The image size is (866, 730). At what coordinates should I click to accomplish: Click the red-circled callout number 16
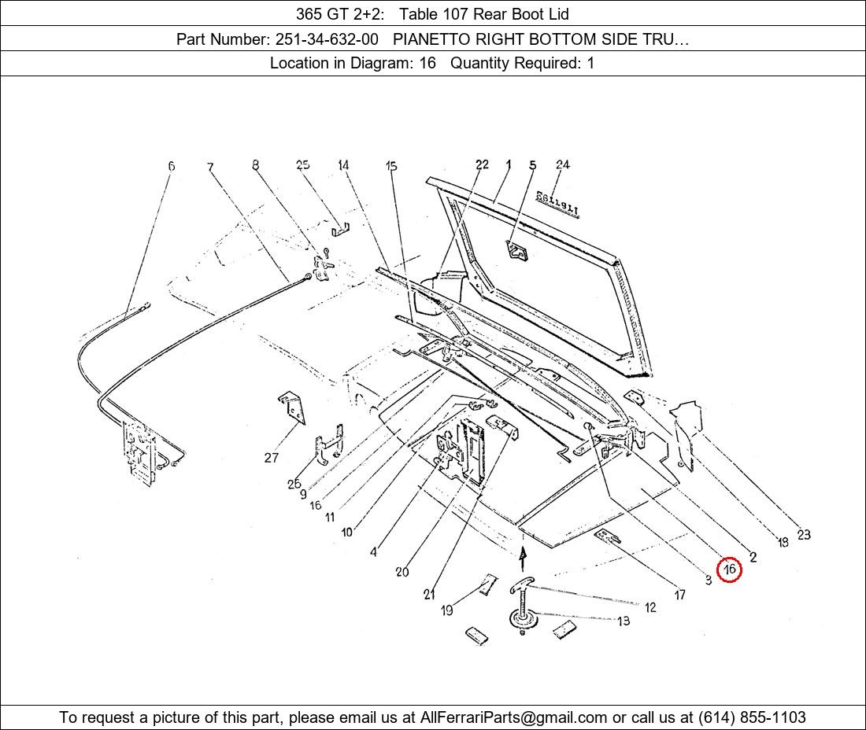point(730,569)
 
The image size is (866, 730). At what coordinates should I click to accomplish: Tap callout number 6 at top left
point(171,166)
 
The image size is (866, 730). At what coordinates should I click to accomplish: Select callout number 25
point(303,164)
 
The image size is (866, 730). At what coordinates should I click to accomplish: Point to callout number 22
point(482,164)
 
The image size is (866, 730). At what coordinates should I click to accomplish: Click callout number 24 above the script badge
point(562,164)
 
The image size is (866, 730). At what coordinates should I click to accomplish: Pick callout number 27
point(272,457)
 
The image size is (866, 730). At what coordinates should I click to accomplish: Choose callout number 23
point(803,535)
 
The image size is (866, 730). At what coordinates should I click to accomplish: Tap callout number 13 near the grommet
point(624,621)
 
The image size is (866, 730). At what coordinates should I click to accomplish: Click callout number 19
point(447,610)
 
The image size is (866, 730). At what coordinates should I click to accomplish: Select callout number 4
point(373,552)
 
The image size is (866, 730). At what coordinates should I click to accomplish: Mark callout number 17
point(679,595)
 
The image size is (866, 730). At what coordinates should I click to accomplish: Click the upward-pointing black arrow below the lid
point(523,557)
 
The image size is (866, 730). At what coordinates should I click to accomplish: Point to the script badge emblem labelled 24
point(557,203)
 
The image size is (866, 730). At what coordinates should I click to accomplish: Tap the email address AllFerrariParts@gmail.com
point(514,717)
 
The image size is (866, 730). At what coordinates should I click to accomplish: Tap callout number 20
point(402,572)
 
